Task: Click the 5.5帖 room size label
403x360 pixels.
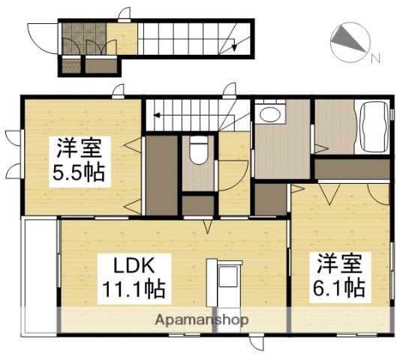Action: [x=77, y=174]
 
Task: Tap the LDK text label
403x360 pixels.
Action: [x=134, y=265]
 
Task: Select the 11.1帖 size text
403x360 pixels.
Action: [x=134, y=288]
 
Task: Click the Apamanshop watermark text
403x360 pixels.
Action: [x=202, y=320]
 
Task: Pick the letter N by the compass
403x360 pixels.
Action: [x=376, y=58]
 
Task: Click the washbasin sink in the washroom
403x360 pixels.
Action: [x=268, y=115]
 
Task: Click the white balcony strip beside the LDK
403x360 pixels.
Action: [x=40, y=274]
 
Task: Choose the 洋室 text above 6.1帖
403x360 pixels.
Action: [x=339, y=263]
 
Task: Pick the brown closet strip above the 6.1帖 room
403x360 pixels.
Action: [x=351, y=169]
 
